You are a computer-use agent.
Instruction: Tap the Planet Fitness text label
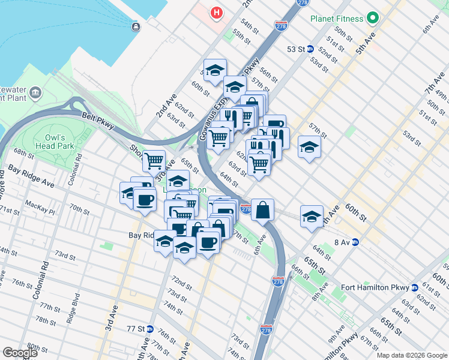[x=337, y=18]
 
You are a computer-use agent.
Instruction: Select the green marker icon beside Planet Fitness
[x=373, y=18]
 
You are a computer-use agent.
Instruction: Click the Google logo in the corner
[x=20, y=353]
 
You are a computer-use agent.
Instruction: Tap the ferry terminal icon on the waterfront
[x=136, y=26]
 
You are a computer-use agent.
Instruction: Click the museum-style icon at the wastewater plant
[x=35, y=93]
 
